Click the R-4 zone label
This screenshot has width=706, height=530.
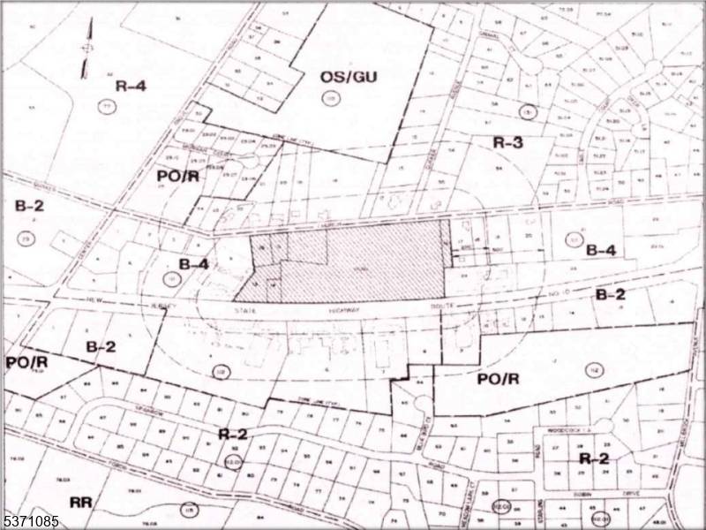tap(130, 86)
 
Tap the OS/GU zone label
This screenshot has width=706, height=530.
tap(348, 78)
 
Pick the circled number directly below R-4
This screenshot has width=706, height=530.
tap(108, 107)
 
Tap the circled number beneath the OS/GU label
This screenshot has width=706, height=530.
tap(331, 99)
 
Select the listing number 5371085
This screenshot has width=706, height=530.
tap(31, 521)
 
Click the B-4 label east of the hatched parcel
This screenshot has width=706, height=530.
tap(601, 250)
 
